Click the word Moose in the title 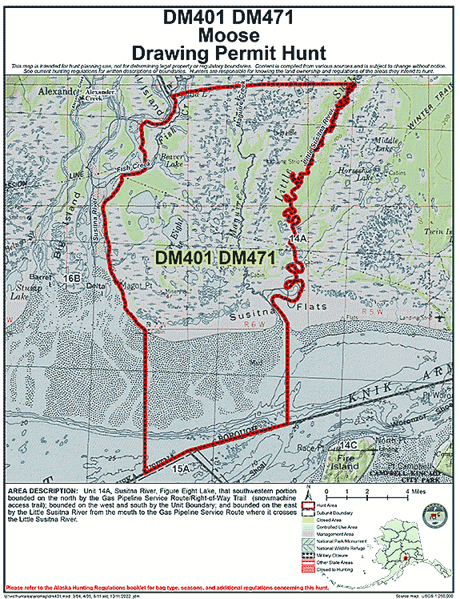click(229, 35)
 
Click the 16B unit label click(71, 278)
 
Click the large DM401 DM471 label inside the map click(214, 258)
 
